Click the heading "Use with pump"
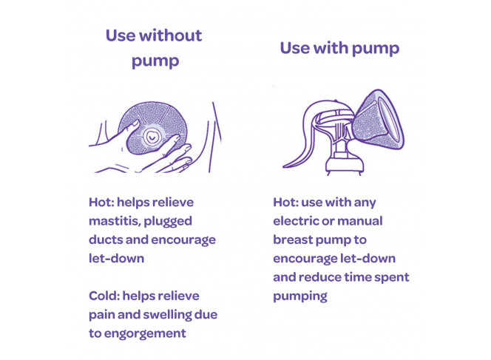pos(339,49)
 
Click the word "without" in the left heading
pos(171,35)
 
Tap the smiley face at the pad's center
pos(152,137)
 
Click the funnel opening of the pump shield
pos(390,119)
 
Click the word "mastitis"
pos(115,221)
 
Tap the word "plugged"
pos(168,222)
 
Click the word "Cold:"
pos(104,296)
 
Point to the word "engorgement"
pos(145,334)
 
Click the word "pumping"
pos(300,296)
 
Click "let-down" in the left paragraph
pos(117,259)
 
